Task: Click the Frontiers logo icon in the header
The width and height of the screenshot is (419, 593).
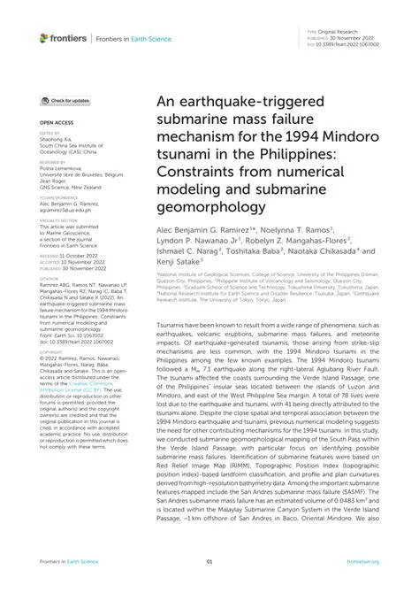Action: tap(43, 37)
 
